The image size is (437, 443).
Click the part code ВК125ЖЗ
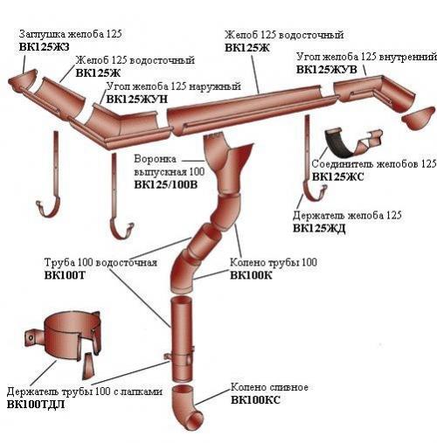45,47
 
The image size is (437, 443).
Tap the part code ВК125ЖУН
137,99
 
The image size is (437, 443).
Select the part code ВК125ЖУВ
327,70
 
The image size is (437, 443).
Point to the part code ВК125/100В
166,184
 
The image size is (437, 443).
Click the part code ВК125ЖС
338,177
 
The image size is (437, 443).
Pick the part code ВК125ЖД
319,228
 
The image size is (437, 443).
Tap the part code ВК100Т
65,275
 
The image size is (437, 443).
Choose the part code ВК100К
251,275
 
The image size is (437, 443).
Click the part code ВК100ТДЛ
36,405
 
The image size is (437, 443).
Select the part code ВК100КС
255,400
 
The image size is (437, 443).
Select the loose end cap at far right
419,119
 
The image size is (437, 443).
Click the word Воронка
155,159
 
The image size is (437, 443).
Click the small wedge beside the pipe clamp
88,366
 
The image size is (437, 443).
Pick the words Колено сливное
269,387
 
